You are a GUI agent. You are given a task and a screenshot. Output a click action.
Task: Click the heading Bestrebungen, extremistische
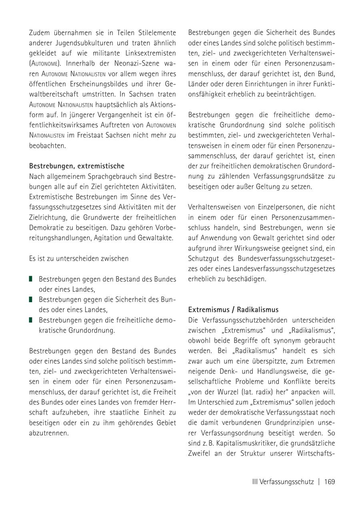[x=77, y=166]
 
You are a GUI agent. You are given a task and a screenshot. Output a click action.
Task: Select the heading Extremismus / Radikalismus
[x=233, y=310]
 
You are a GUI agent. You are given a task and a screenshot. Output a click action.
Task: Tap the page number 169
[x=330, y=482]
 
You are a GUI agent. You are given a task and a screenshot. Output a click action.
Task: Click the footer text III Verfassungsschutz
[x=283, y=482]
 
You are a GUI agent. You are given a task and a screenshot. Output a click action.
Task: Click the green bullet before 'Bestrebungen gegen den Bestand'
[x=31, y=279]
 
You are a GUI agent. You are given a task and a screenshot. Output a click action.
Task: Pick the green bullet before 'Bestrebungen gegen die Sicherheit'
[x=31, y=299]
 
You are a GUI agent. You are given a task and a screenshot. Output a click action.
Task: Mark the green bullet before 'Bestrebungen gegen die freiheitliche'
[x=31, y=320]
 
